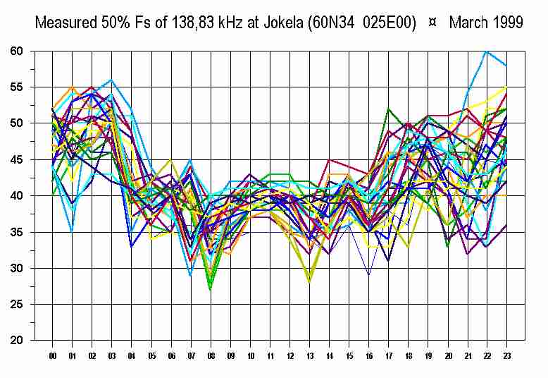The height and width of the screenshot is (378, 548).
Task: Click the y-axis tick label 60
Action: click(17, 51)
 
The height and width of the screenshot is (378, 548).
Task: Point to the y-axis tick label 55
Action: click(17, 87)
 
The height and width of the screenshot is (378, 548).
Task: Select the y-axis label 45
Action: click(17, 160)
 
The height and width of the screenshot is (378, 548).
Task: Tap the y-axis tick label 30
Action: click(17, 269)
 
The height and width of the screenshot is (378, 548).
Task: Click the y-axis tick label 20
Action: click(17, 341)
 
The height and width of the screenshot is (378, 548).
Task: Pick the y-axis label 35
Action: click(17, 233)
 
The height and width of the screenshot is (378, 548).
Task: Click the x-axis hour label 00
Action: click(52, 357)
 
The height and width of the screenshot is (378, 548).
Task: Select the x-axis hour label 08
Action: click(210, 357)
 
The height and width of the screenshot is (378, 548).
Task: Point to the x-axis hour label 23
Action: click(506, 357)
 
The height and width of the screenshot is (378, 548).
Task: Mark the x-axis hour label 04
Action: click(131, 357)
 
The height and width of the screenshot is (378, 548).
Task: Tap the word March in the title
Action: click(468, 23)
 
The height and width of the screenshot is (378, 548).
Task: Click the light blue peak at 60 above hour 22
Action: click(486, 51)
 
